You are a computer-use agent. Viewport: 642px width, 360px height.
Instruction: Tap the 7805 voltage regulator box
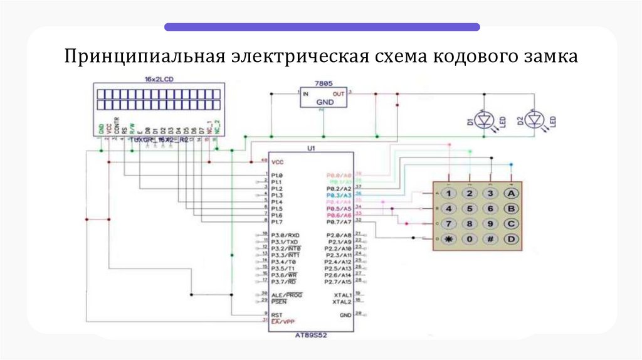click(324, 97)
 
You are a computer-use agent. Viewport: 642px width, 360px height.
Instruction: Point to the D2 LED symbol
click(534, 119)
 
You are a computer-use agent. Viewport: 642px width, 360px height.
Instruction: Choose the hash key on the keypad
click(491, 239)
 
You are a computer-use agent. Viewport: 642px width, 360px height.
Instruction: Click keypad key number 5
click(469, 208)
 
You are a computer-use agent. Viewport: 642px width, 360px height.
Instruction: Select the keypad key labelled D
click(512, 239)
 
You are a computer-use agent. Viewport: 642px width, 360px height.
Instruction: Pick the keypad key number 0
click(469, 239)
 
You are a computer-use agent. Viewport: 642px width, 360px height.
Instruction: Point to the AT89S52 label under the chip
click(311, 336)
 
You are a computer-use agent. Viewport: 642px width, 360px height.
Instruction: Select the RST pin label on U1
click(276, 314)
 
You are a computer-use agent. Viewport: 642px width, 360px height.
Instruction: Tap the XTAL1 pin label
click(342, 295)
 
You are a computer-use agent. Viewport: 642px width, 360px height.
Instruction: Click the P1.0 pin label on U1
click(277, 175)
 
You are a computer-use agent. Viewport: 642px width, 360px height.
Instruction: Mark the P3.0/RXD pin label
click(285, 235)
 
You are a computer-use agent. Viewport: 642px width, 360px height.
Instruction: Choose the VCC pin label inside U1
click(278, 162)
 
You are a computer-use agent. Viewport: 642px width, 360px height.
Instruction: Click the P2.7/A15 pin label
click(339, 282)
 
